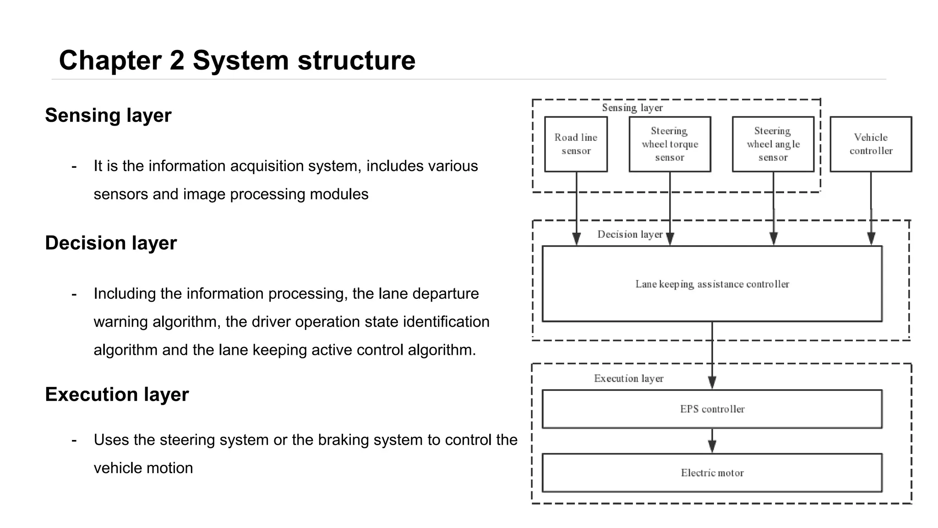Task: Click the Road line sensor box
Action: point(576,144)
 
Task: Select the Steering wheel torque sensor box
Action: point(670,144)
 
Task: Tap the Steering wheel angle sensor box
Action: point(773,144)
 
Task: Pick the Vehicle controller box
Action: point(871,144)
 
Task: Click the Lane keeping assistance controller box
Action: point(712,284)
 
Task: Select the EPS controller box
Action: point(712,409)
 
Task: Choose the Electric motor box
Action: point(712,473)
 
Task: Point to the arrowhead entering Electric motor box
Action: point(712,446)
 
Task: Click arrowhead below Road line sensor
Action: point(577,239)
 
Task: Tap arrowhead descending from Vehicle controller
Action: point(871,239)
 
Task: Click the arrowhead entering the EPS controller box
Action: point(712,382)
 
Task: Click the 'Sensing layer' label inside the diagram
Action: point(632,108)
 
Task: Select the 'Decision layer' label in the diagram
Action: point(630,235)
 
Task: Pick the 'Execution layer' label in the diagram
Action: point(628,379)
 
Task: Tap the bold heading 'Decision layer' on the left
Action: point(110,243)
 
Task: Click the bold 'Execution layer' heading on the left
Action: point(116,395)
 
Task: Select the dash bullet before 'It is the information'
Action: point(74,166)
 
